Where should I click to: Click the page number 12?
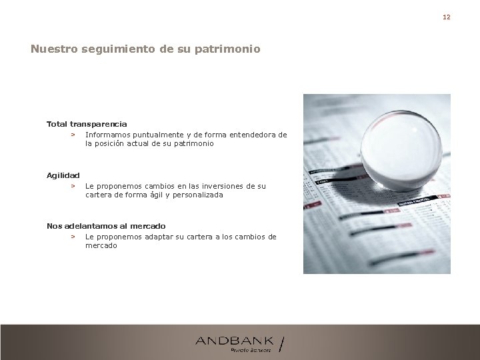(447, 17)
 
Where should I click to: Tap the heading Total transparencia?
(87, 124)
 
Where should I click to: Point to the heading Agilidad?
(63, 175)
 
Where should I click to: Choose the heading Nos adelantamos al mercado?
(106, 226)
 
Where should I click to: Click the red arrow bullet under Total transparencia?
(72, 135)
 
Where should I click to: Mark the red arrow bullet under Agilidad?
(72, 186)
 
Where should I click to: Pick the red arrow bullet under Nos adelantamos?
(72, 237)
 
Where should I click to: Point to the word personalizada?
(197, 195)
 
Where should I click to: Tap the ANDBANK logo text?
(234, 341)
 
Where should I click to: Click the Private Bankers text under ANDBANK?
(251, 349)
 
